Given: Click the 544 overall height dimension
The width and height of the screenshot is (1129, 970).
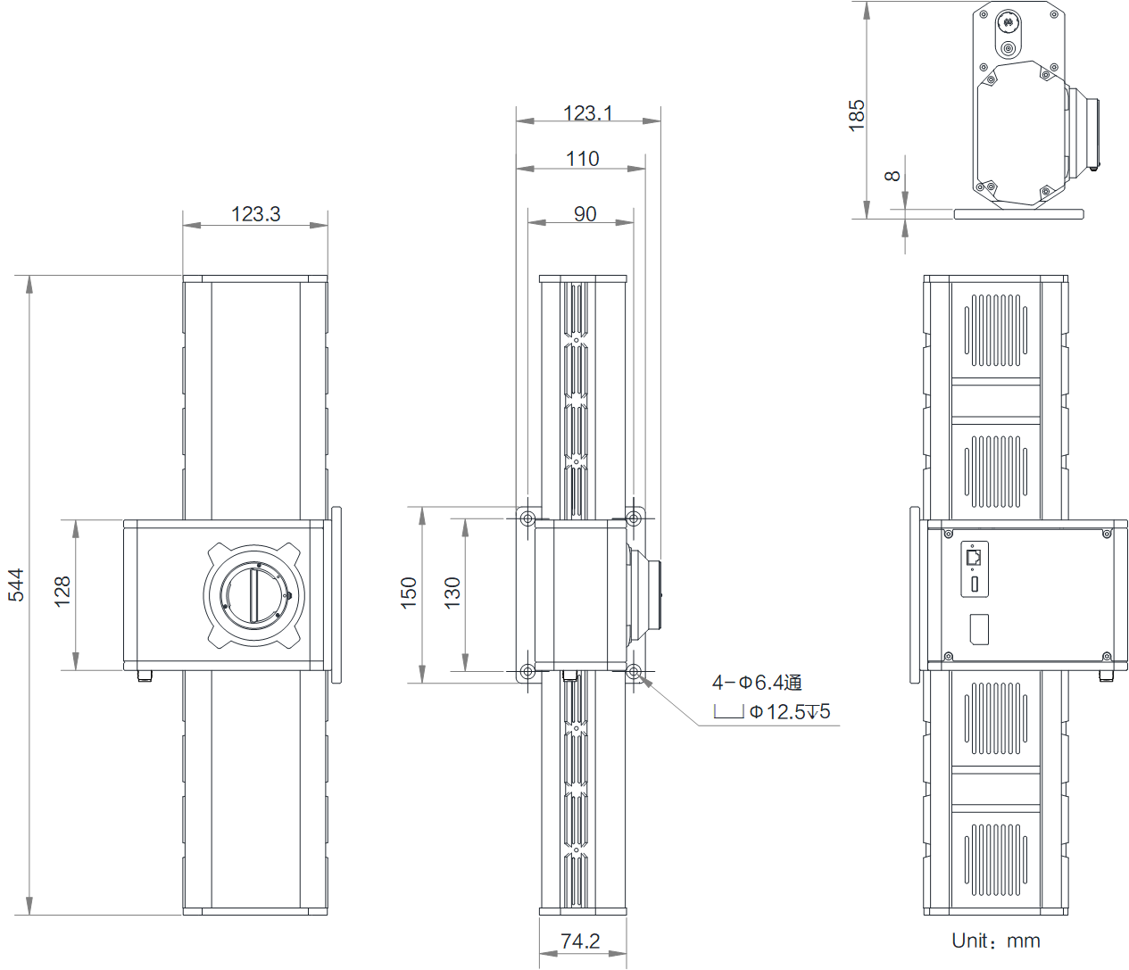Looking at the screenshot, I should [x=16, y=584].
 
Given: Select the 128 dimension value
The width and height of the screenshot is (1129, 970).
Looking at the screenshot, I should [x=62, y=592].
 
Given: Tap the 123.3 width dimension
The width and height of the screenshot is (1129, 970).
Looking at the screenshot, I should [x=255, y=214].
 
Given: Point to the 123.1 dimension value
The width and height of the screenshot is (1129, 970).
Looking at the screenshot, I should [x=587, y=113].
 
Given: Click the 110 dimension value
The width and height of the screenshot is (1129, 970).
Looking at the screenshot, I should [x=582, y=159].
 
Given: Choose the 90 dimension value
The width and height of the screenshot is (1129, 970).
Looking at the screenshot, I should [x=585, y=214].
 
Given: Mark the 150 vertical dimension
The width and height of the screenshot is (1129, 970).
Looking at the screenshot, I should [x=409, y=593].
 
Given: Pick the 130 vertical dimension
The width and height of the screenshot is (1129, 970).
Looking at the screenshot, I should [x=452, y=593].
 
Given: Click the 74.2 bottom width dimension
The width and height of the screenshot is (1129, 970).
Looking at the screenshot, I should [x=580, y=941].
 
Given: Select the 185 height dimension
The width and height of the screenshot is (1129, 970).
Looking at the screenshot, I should [x=857, y=115].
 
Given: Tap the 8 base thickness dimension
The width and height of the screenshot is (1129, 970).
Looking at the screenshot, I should [x=892, y=176].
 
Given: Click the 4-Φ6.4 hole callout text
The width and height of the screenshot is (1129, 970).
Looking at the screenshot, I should [x=757, y=683].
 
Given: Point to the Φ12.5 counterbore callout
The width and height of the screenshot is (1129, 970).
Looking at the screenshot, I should [x=789, y=711].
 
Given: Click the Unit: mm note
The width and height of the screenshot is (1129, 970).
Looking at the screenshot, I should [x=995, y=941].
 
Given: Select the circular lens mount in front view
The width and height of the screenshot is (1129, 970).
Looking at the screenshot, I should [x=254, y=595].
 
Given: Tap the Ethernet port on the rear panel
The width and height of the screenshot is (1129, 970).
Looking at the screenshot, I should [x=974, y=558].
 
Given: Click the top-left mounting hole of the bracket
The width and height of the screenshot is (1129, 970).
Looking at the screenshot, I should [x=527, y=518].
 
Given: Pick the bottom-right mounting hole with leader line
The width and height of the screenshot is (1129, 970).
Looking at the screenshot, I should [x=634, y=671].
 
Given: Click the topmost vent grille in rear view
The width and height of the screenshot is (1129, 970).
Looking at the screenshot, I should [x=995, y=330].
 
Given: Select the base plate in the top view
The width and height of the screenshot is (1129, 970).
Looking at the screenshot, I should [x=1018, y=214].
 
